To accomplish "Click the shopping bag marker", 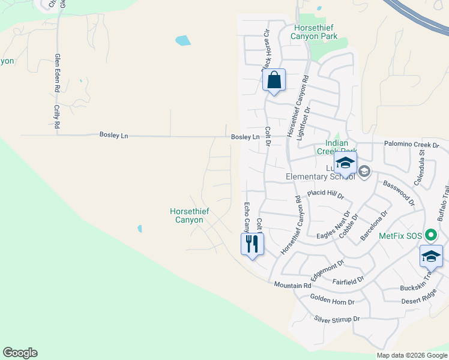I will (x=274, y=80).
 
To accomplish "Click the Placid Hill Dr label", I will (x=325, y=194).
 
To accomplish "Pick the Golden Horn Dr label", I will (x=333, y=299).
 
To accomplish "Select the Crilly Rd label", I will (x=57, y=116).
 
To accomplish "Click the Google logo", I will (x=20, y=353).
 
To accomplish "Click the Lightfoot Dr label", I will (x=306, y=124).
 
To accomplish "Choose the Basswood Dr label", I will (x=399, y=193).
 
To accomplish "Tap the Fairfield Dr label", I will (x=348, y=280).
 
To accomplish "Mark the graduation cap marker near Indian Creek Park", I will (x=346, y=163).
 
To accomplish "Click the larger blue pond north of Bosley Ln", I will (x=182, y=41).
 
